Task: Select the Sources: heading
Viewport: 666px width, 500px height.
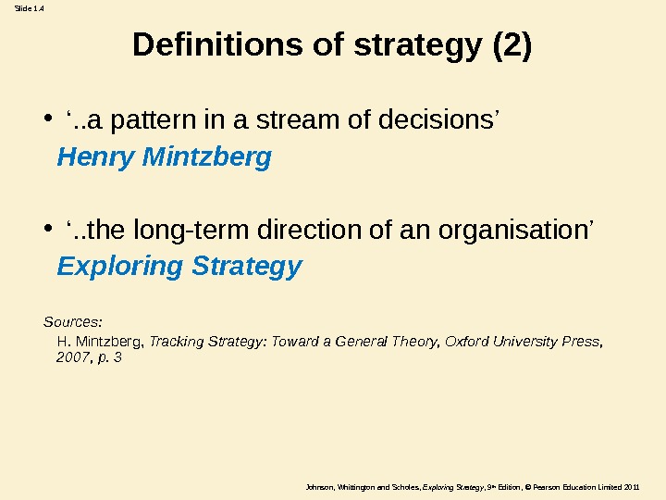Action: coord(73,322)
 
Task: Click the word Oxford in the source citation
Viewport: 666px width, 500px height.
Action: coord(465,341)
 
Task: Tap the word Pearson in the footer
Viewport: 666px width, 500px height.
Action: coord(530,486)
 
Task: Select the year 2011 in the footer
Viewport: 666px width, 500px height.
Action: coord(632,486)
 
